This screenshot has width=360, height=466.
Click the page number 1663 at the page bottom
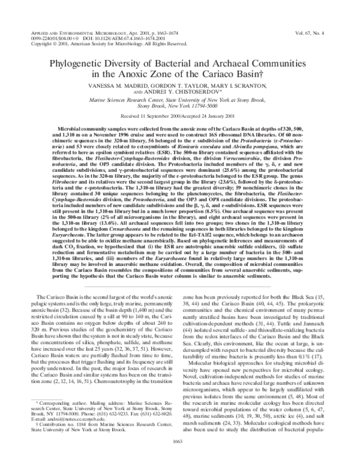click(180, 458)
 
